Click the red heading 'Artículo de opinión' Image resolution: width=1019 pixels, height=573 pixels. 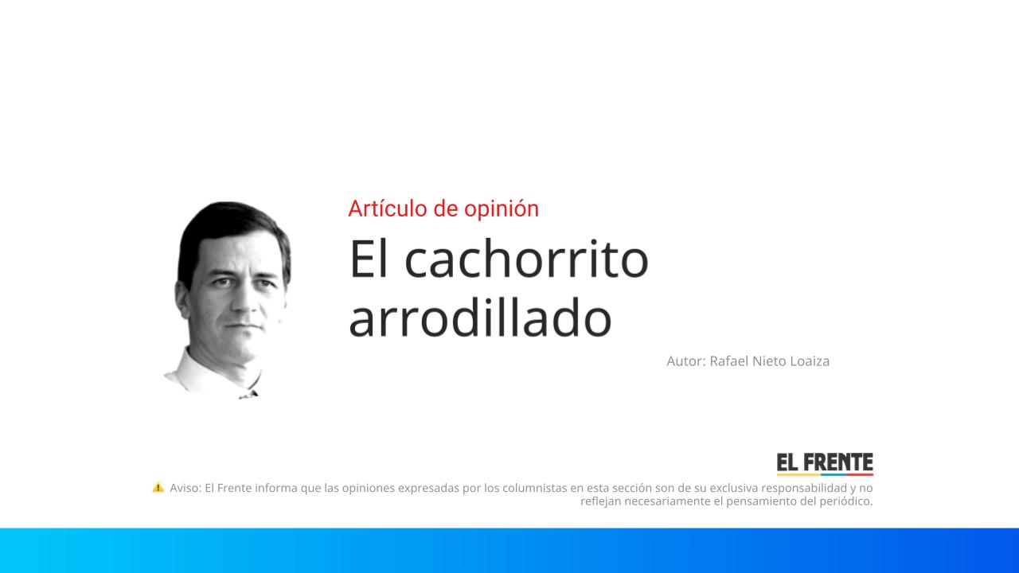click(x=443, y=209)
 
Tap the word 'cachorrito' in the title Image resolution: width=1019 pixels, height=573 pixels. click(x=526, y=259)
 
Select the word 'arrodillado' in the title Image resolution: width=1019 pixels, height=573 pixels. click(x=480, y=318)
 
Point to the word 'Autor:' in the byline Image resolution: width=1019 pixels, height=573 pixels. click(x=685, y=361)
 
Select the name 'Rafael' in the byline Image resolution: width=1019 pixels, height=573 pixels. click(x=730, y=361)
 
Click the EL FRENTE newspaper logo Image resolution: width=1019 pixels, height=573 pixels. click(x=825, y=464)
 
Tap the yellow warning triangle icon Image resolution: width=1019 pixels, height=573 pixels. click(x=158, y=487)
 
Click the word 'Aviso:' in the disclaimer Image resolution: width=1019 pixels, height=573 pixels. click(x=185, y=488)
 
